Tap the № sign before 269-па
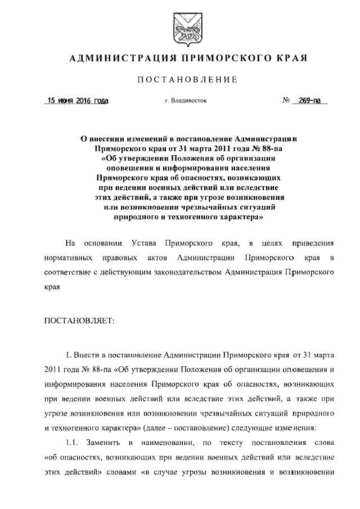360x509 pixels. (x=286, y=101)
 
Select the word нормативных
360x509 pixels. (x=68, y=258)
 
